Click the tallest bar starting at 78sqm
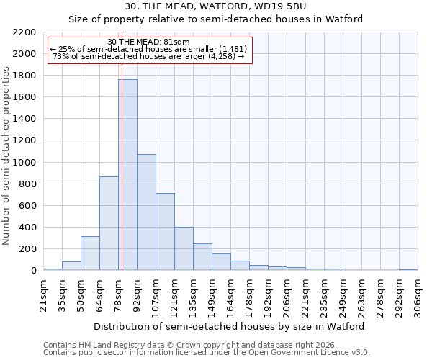(127, 175)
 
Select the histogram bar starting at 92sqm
(146, 212)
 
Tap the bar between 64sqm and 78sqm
(109, 223)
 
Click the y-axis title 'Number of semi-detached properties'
(6, 156)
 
